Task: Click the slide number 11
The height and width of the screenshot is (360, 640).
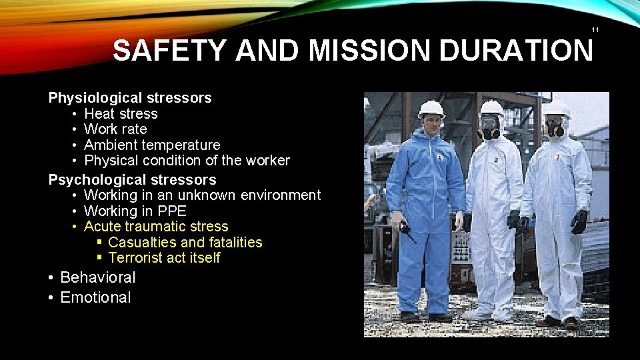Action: [x=595, y=30]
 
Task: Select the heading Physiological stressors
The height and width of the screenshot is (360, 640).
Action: [x=130, y=98]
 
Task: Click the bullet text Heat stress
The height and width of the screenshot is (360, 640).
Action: [x=121, y=114]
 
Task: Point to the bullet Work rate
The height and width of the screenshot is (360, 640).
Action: [x=115, y=129]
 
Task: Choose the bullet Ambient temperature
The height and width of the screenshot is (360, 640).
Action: [x=152, y=145]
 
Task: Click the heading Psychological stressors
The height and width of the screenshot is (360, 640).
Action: [x=132, y=179]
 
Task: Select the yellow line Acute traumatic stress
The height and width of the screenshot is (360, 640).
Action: [x=156, y=227]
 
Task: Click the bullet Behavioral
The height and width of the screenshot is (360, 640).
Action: [x=97, y=277]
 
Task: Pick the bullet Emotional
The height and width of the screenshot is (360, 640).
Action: [x=95, y=297]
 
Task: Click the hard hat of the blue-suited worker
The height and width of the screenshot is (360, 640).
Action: [x=431, y=109]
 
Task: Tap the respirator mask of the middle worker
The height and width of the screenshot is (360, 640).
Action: [x=489, y=129]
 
